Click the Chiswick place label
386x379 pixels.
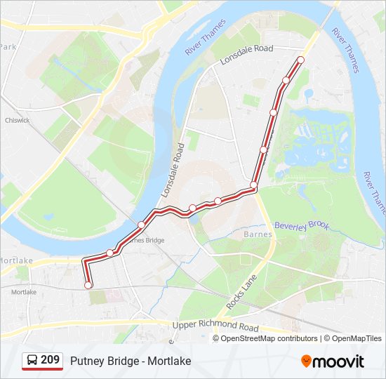pos(18,120)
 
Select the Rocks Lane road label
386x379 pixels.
pos(241,293)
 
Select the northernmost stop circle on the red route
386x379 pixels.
pos(301,60)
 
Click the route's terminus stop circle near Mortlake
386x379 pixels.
pos(88,285)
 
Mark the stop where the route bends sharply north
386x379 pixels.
pos(253,186)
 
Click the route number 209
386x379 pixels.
pos(51,360)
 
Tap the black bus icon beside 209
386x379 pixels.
pos(32,361)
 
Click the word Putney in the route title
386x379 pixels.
pos(86,361)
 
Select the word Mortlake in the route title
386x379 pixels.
pos(168,361)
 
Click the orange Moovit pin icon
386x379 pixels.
pos(307,361)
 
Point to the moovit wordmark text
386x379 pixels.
pos(339,361)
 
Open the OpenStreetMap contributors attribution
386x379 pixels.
pos(269,338)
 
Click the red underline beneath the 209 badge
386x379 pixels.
pos(42,369)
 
